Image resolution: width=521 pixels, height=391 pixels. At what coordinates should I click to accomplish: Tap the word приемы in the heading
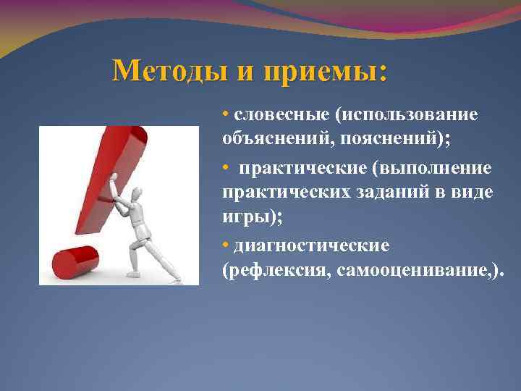(326, 71)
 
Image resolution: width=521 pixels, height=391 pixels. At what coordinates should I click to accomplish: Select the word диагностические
(312, 246)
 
